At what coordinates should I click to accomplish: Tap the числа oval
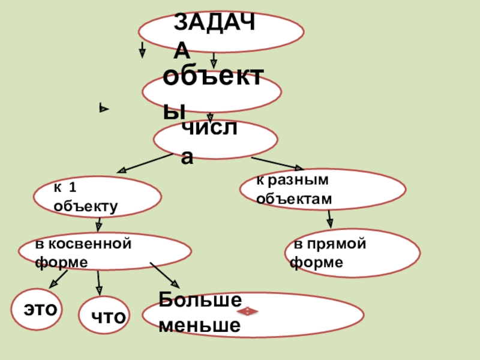click(215, 140)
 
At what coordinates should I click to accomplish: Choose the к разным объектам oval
click(323, 189)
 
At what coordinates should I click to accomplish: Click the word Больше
click(200, 299)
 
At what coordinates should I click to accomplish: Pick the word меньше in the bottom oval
click(199, 325)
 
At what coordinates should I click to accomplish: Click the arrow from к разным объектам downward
click(329, 218)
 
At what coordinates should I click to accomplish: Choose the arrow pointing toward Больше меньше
click(164, 275)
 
